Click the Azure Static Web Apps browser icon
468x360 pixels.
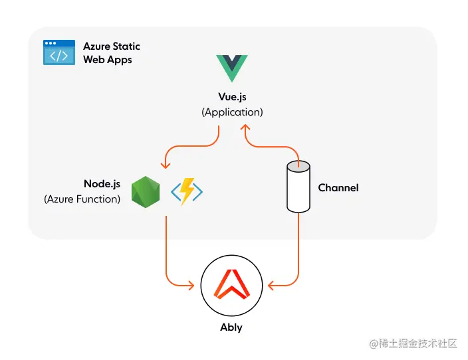pos(59,52)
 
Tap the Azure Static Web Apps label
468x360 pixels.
pos(112,53)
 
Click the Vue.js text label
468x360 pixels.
pos(232,98)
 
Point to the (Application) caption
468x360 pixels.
pos(232,112)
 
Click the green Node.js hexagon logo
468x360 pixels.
pos(146,191)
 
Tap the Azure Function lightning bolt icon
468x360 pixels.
pos(187,191)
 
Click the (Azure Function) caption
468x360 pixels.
pos(82,199)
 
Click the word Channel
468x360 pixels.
pos(338,188)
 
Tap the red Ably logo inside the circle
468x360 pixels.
pos(231,286)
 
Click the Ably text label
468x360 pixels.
pos(231,327)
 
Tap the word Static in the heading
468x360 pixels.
pos(126,46)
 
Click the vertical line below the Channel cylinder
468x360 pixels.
pos(298,246)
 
